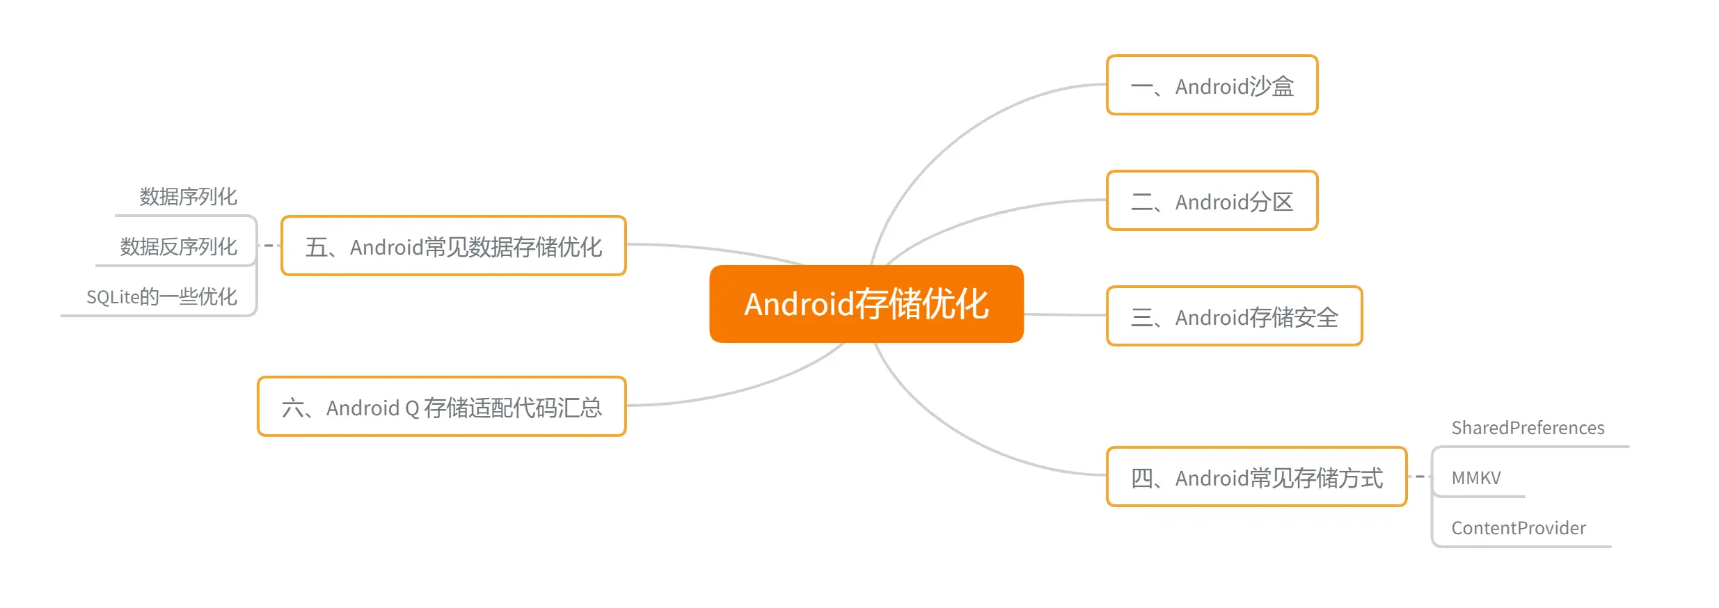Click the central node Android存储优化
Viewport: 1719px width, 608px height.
point(866,304)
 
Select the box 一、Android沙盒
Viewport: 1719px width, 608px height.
point(1212,86)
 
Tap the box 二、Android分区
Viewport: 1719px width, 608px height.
point(1212,201)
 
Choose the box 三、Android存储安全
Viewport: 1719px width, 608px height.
point(1234,317)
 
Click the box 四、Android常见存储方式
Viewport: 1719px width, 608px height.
point(1256,477)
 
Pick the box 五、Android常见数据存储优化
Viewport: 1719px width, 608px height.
point(453,246)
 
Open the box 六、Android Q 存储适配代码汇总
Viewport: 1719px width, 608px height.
point(441,407)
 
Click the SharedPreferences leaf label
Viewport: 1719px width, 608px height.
point(1528,428)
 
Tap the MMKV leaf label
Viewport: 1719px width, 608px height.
point(1476,478)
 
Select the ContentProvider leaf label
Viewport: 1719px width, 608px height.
point(1519,528)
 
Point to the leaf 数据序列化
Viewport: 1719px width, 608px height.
point(188,197)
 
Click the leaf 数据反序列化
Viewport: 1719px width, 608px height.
point(178,247)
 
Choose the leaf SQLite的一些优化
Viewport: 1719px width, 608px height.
point(161,297)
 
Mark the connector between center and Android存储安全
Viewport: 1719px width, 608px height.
point(1065,315)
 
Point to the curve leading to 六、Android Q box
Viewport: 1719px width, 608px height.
point(752,387)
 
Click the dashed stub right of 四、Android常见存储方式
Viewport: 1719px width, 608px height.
point(1418,477)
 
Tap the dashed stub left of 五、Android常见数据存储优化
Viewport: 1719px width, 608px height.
point(269,246)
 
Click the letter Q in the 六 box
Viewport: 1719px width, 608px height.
point(411,408)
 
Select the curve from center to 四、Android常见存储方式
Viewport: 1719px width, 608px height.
point(960,438)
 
